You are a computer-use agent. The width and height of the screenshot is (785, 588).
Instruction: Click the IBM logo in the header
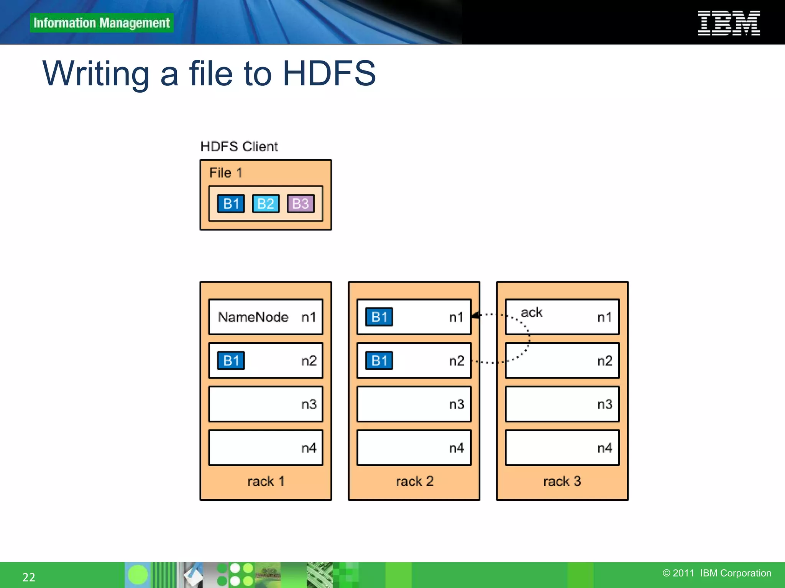tap(729, 23)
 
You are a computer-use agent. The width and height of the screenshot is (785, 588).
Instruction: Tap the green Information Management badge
tap(102, 23)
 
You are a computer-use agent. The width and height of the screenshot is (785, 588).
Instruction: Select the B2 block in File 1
tap(266, 204)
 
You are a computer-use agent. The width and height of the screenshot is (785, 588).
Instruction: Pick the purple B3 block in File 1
tap(301, 204)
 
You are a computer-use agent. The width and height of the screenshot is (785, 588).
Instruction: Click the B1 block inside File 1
tap(231, 204)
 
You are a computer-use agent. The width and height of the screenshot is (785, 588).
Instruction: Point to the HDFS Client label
tap(239, 147)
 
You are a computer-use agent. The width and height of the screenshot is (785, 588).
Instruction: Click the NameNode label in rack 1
tap(253, 317)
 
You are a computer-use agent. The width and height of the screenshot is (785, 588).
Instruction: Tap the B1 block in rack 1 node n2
tap(231, 361)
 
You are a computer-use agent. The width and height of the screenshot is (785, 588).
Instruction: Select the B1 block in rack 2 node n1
tap(379, 317)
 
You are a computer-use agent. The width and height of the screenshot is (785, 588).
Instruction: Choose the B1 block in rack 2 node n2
tap(379, 361)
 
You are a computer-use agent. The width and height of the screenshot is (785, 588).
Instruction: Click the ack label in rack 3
tap(532, 312)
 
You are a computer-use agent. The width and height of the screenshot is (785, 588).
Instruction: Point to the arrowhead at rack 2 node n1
tap(476, 315)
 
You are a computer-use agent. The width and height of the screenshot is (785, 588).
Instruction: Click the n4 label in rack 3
tap(604, 448)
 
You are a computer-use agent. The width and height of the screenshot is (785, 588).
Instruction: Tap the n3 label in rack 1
tap(309, 404)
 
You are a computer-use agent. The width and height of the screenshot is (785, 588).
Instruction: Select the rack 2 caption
tap(414, 481)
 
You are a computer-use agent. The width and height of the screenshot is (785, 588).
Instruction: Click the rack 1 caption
tap(266, 481)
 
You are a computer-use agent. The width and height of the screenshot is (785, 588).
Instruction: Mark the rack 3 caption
tap(562, 481)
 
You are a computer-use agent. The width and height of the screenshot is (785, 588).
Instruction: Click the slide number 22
tap(29, 577)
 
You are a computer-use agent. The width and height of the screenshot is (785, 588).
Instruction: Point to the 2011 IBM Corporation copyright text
tap(717, 573)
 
